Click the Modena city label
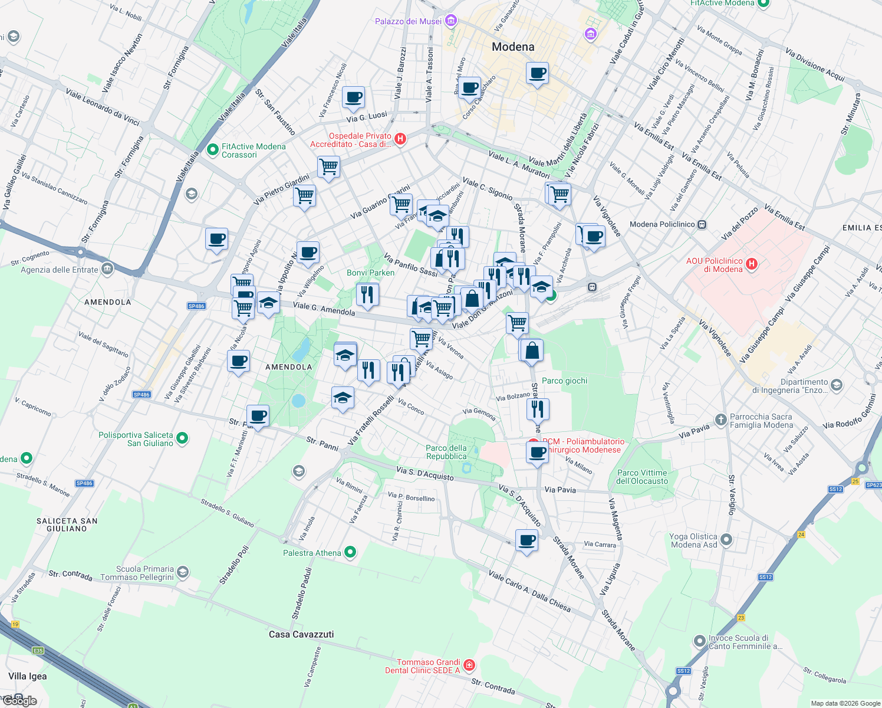tap(513, 47)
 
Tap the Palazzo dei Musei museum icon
tap(451, 21)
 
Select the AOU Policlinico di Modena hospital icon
tap(752, 264)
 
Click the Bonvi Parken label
tap(371, 273)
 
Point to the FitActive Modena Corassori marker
tap(213, 150)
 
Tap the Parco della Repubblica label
tap(446, 452)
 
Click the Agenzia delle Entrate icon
tap(107, 270)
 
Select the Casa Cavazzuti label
tap(301, 634)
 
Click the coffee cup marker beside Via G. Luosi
tap(353, 97)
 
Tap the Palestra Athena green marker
tap(351, 552)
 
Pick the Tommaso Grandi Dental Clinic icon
tap(469, 666)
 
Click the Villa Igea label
tap(28, 676)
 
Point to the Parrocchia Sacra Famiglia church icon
tap(720, 420)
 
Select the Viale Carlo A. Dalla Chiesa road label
tap(529, 591)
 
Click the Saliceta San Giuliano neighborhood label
tap(67, 525)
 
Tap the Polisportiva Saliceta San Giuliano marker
tap(182, 438)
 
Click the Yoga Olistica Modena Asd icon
tap(726, 539)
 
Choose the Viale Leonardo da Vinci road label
tap(103, 107)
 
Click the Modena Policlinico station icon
tap(702, 224)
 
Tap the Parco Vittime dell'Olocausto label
tap(642, 477)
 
